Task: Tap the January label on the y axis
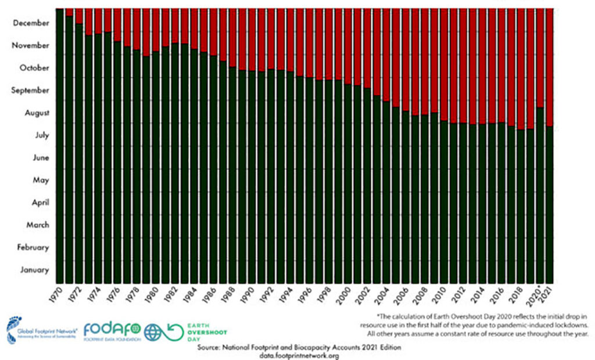pyautogui.click(x=35, y=270)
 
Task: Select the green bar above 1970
pyautogui.click(x=60, y=145)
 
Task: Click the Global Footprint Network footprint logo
pyautogui.click(x=10, y=329)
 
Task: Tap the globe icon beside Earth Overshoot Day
pyautogui.click(x=153, y=332)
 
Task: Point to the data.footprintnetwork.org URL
pyautogui.click(x=299, y=356)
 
